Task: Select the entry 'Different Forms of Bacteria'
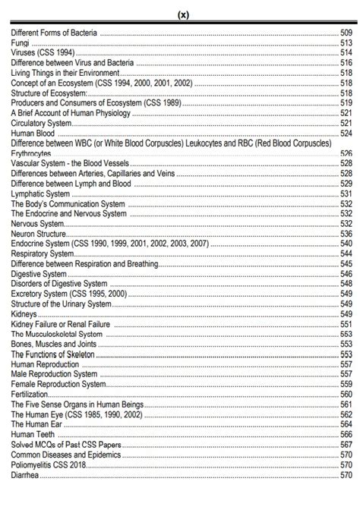(x=54, y=33)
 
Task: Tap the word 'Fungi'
(x=21, y=43)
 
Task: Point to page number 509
(x=346, y=33)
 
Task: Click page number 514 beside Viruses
(x=346, y=53)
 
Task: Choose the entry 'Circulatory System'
(x=42, y=123)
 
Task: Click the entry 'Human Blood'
(x=32, y=133)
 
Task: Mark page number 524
(x=346, y=133)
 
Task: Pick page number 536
(x=346, y=234)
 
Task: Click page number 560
(x=346, y=394)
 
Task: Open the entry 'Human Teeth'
(x=33, y=434)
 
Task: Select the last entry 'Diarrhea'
(x=26, y=474)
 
